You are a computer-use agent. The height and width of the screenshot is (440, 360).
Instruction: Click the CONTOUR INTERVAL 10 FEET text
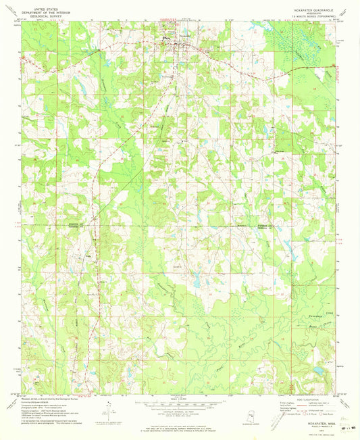click(180, 407)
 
